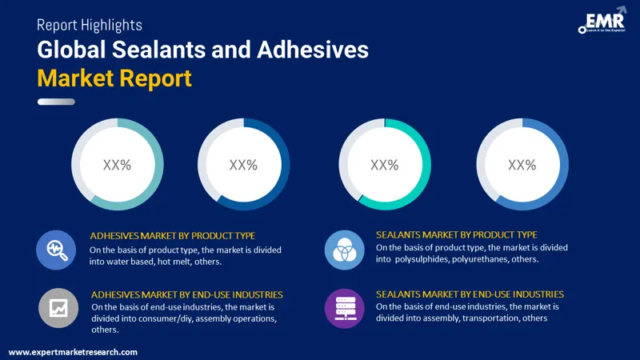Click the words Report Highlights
pos(90,25)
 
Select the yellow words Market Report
pos(114,78)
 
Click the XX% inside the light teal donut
pos(117,165)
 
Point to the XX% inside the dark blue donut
pos(243,165)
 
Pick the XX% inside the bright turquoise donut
pos(385,165)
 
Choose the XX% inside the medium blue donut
pos(522,165)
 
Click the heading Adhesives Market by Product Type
pos(173,235)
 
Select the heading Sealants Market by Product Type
pos(456,234)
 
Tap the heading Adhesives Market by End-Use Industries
pos(186,294)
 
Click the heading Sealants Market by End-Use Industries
pos(470,294)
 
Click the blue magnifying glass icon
pos(57,250)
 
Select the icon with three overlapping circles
pos(344,250)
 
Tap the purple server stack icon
pos(344,307)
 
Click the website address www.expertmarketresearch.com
pos(73,352)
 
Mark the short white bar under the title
pos(56,102)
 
